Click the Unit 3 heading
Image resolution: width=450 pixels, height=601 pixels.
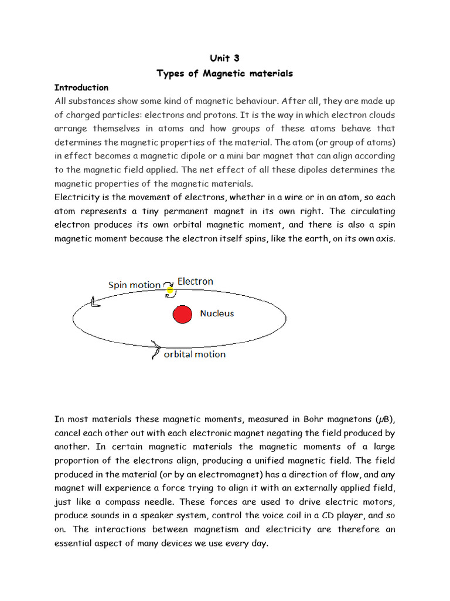224,58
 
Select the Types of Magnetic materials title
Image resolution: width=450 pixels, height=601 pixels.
224,73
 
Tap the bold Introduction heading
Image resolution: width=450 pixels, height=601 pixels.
81,87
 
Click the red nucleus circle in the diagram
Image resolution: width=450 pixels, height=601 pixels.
182,314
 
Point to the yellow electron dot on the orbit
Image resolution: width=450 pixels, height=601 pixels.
171,289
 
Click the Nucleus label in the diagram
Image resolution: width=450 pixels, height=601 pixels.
217,313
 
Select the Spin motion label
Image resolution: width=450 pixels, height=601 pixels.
134,285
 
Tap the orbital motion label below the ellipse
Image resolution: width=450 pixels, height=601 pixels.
195,354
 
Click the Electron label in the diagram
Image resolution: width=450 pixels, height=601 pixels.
196,281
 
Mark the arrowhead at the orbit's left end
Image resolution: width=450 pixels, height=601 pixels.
94,302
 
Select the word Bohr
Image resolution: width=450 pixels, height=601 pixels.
316,419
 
